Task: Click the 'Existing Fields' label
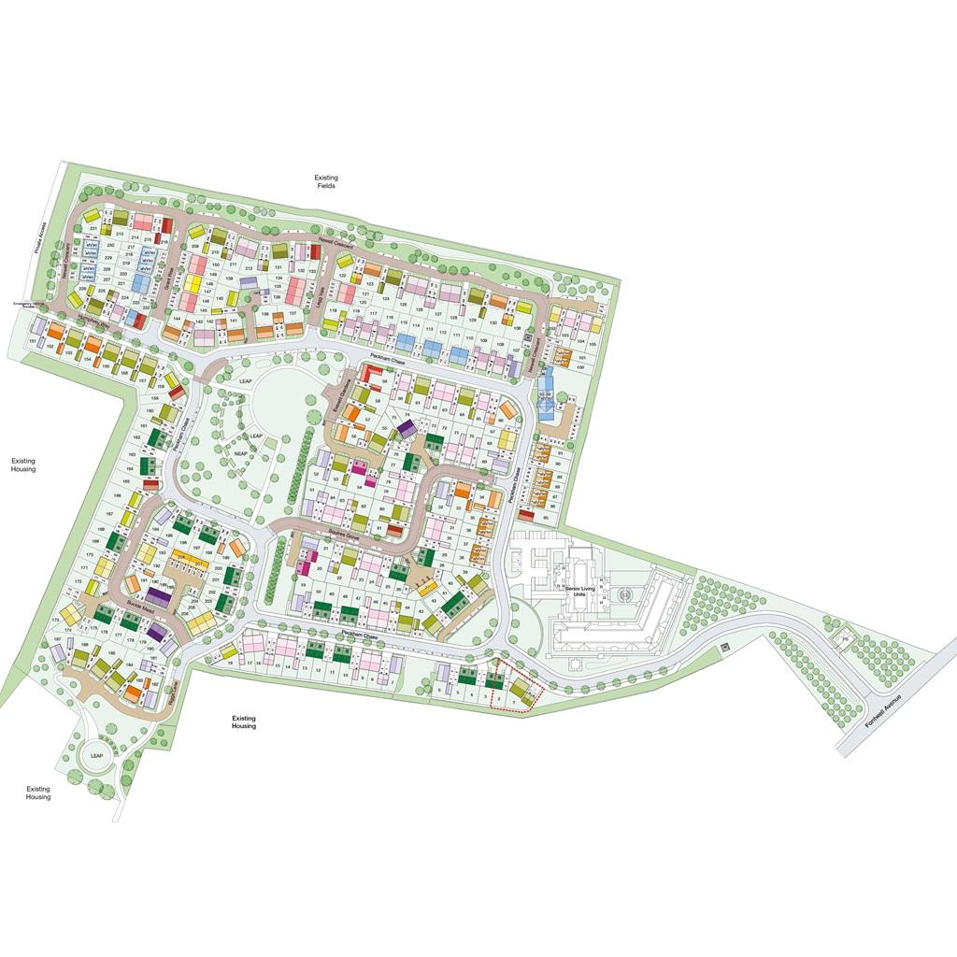325,181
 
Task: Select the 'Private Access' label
40,237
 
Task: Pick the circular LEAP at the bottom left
95,755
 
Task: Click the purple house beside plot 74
407,428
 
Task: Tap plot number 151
33,342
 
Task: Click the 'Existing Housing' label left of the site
23,464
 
